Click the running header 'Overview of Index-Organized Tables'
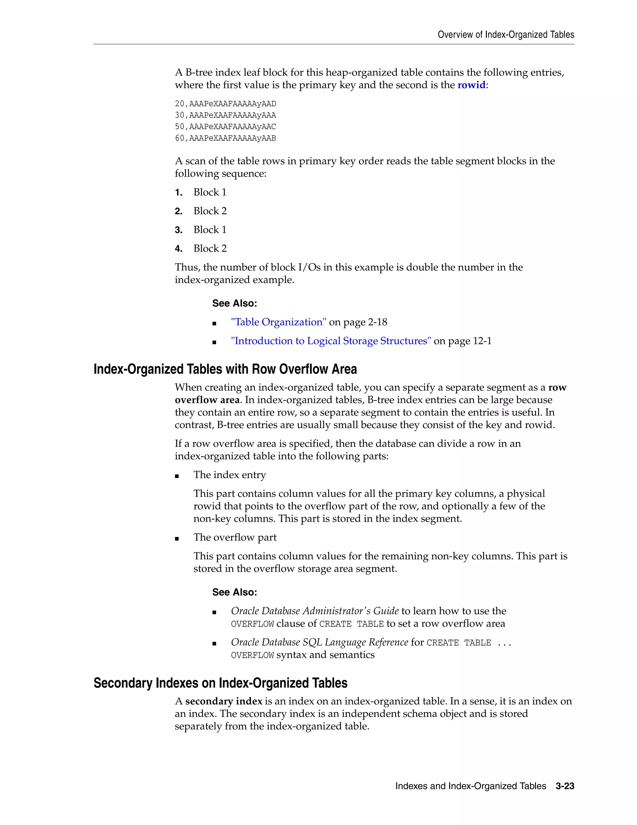505,35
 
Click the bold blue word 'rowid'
471,85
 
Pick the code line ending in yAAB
225,138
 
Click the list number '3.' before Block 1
179,230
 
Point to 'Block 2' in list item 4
210,248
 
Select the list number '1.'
179,193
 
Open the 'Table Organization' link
278,322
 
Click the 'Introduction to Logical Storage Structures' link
331,341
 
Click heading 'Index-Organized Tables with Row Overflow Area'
225,369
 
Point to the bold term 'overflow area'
207,400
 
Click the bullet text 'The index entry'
230,475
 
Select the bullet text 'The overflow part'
235,538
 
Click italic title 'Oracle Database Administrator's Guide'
314,611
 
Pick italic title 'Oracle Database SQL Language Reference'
319,643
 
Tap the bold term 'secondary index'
223,701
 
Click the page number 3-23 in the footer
565,786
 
